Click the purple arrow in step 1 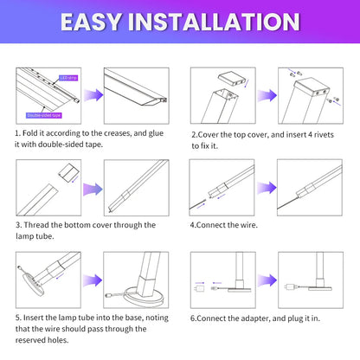(93, 94)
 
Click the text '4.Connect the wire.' (228, 224)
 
